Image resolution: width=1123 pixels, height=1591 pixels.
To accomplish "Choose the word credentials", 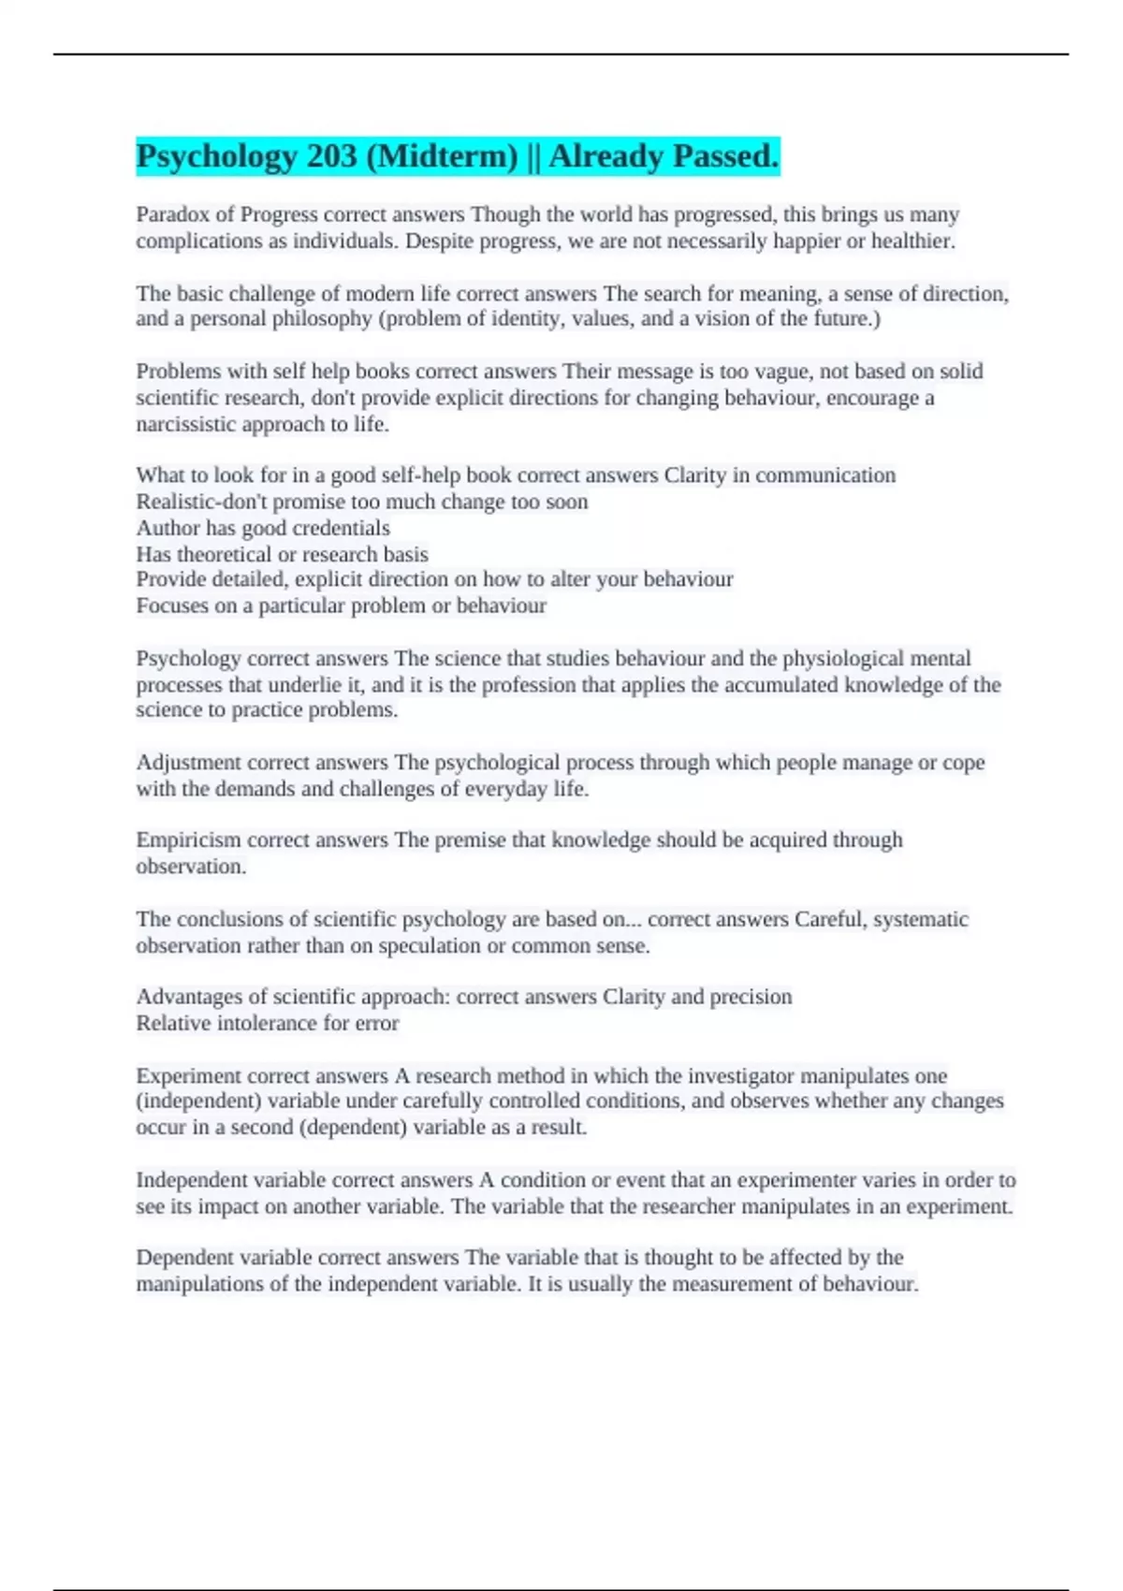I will tap(342, 528).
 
